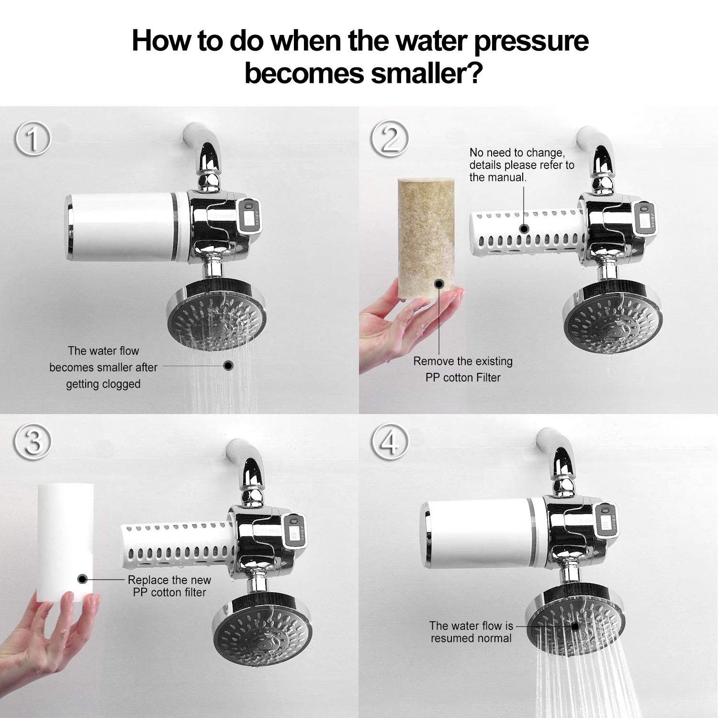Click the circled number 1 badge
coord(33,139)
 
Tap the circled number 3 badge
coord(33,441)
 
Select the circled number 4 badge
coord(390,441)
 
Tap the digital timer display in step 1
coord(250,218)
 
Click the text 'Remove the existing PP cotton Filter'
coord(463,369)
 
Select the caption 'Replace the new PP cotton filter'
coord(169,586)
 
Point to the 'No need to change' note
coord(521,165)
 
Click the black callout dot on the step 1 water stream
coord(228,366)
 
